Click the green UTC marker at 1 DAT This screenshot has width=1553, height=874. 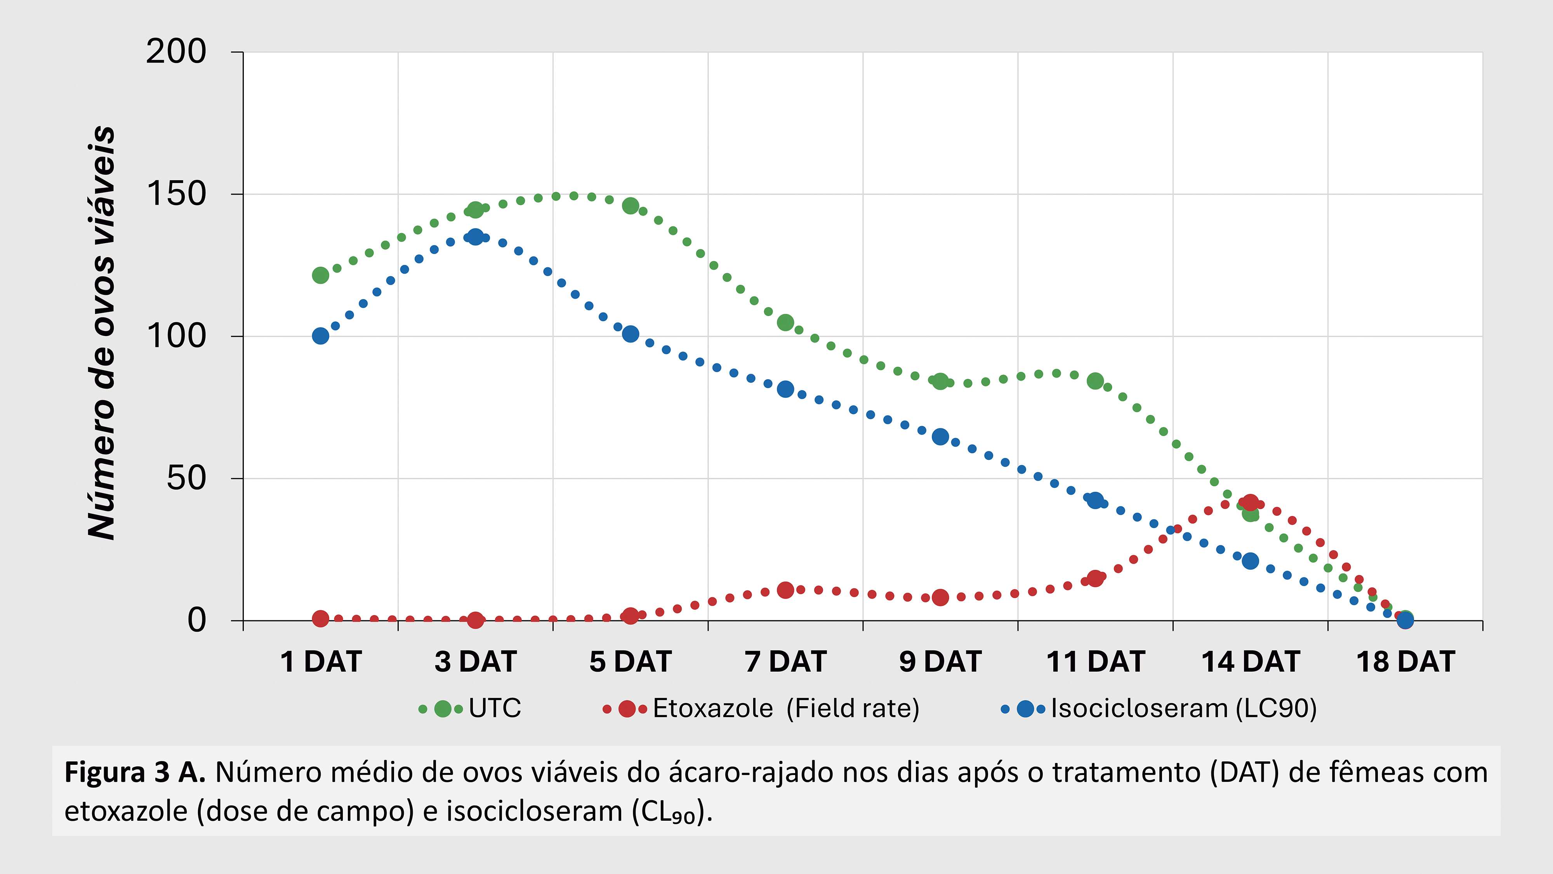[320, 275]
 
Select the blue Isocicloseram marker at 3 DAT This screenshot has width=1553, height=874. [475, 237]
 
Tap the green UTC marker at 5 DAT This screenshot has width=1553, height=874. [630, 206]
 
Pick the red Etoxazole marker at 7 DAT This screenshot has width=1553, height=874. [785, 590]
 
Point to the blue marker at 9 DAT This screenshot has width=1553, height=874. [940, 436]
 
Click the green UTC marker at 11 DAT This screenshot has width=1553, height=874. [1095, 381]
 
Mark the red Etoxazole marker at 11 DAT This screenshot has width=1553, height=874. [1095, 578]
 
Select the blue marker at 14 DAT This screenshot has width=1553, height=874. [1250, 561]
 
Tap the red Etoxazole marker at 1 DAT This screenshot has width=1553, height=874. [320, 618]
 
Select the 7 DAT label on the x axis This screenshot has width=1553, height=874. [785, 662]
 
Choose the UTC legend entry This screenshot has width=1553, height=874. [494, 708]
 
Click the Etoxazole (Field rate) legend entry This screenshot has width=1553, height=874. [785, 708]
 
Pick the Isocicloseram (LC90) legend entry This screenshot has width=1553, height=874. [1183, 708]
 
